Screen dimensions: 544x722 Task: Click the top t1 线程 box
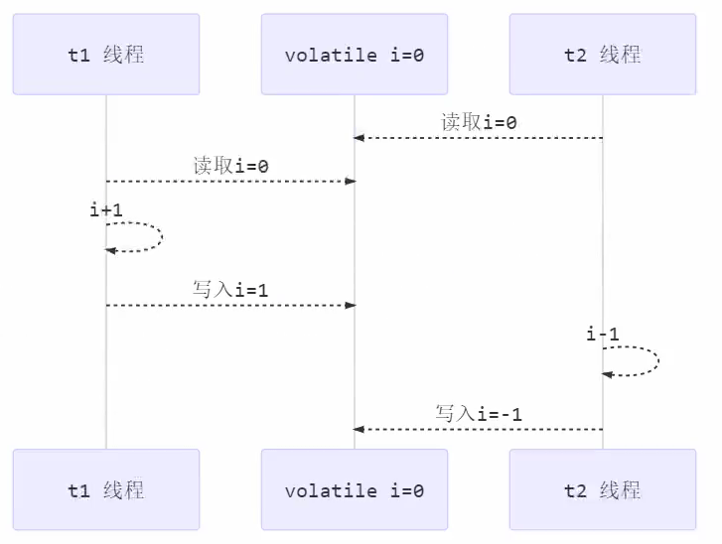click(x=106, y=55)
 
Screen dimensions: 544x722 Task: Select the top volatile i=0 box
click(x=355, y=55)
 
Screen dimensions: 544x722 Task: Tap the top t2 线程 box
click(x=603, y=55)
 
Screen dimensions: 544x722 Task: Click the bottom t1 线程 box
click(x=106, y=489)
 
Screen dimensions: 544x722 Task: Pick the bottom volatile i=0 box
click(x=355, y=489)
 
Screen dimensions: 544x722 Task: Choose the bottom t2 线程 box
click(x=603, y=489)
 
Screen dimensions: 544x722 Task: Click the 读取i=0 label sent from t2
click(x=479, y=122)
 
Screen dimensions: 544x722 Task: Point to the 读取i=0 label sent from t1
click(x=230, y=166)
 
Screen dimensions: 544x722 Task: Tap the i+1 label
click(x=106, y=210)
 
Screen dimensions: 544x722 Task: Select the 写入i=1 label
click(x=230, y=290)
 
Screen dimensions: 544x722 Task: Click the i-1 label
click(x=603, y=335)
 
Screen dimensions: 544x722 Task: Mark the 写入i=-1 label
click(x=479, y=413)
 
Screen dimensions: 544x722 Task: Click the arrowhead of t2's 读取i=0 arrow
click(x=360, y=137)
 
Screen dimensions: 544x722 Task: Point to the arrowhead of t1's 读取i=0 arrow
click(x=350, y=182)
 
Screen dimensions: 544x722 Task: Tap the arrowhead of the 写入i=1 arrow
click(x=350, y=305)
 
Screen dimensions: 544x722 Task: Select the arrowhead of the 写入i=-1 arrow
click(x=360, y=429)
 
